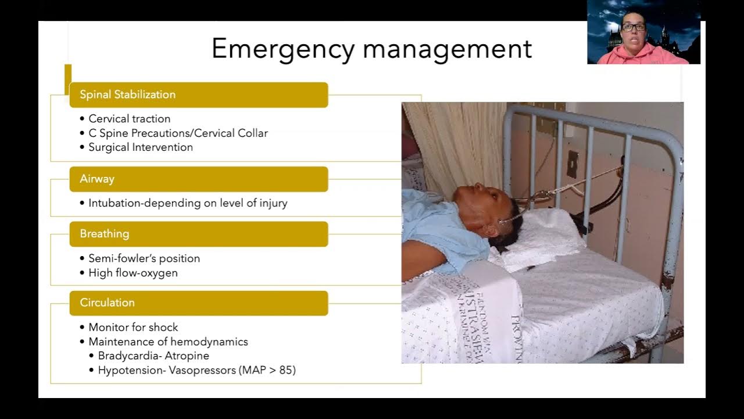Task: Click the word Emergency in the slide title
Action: click(x=282, y=49)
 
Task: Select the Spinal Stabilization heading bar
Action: click(x=198, y=95)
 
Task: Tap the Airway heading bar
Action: click(x=198, y=179)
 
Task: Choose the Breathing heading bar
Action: click(x=198, y=234)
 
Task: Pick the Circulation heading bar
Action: click(x=198, y=303)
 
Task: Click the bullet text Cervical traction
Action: click(x=130, y=119)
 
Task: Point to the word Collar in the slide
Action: click(x=253, y=133)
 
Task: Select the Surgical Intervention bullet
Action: click(x=141, y=147)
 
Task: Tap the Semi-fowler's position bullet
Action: click(x=144, y=258)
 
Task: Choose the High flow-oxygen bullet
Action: click(x=133, y=273)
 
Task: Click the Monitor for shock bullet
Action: click(x=133, y=328)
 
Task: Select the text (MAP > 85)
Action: click(x=267, y=370)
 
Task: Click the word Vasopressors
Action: click(x=202, y=370)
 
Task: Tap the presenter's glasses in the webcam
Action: click(x=633, y=27)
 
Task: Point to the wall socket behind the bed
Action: click(x=573, y=164)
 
